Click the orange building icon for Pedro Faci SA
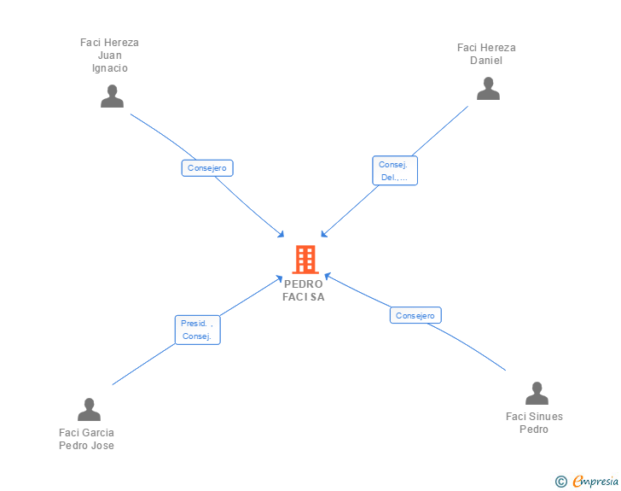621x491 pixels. [305, 260]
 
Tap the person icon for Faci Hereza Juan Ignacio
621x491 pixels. [112, 96]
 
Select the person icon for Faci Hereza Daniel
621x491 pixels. [488, 89]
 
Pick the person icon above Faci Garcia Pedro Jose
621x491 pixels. [89, 409]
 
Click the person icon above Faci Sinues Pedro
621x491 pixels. [537, 393]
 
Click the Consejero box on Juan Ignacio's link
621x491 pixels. [207, 167]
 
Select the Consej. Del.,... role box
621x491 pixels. [395, 171]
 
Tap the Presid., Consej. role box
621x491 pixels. [198, 330]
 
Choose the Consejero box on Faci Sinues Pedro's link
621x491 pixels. [415, 315]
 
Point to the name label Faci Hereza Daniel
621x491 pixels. [486, 54]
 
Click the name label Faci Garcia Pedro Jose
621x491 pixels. [86, 439]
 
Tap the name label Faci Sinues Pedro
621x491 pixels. [534, 423]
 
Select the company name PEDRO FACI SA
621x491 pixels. [304, 290]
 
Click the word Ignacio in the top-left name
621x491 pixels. [110, 68]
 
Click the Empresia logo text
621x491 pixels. [595, 482]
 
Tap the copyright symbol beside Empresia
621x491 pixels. [561, 482]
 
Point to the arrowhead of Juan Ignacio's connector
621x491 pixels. [281, 235]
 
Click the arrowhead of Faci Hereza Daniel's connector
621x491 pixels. [323, 234]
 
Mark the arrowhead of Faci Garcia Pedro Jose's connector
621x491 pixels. [280, 278]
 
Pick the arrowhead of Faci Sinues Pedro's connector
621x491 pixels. [328, 276]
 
